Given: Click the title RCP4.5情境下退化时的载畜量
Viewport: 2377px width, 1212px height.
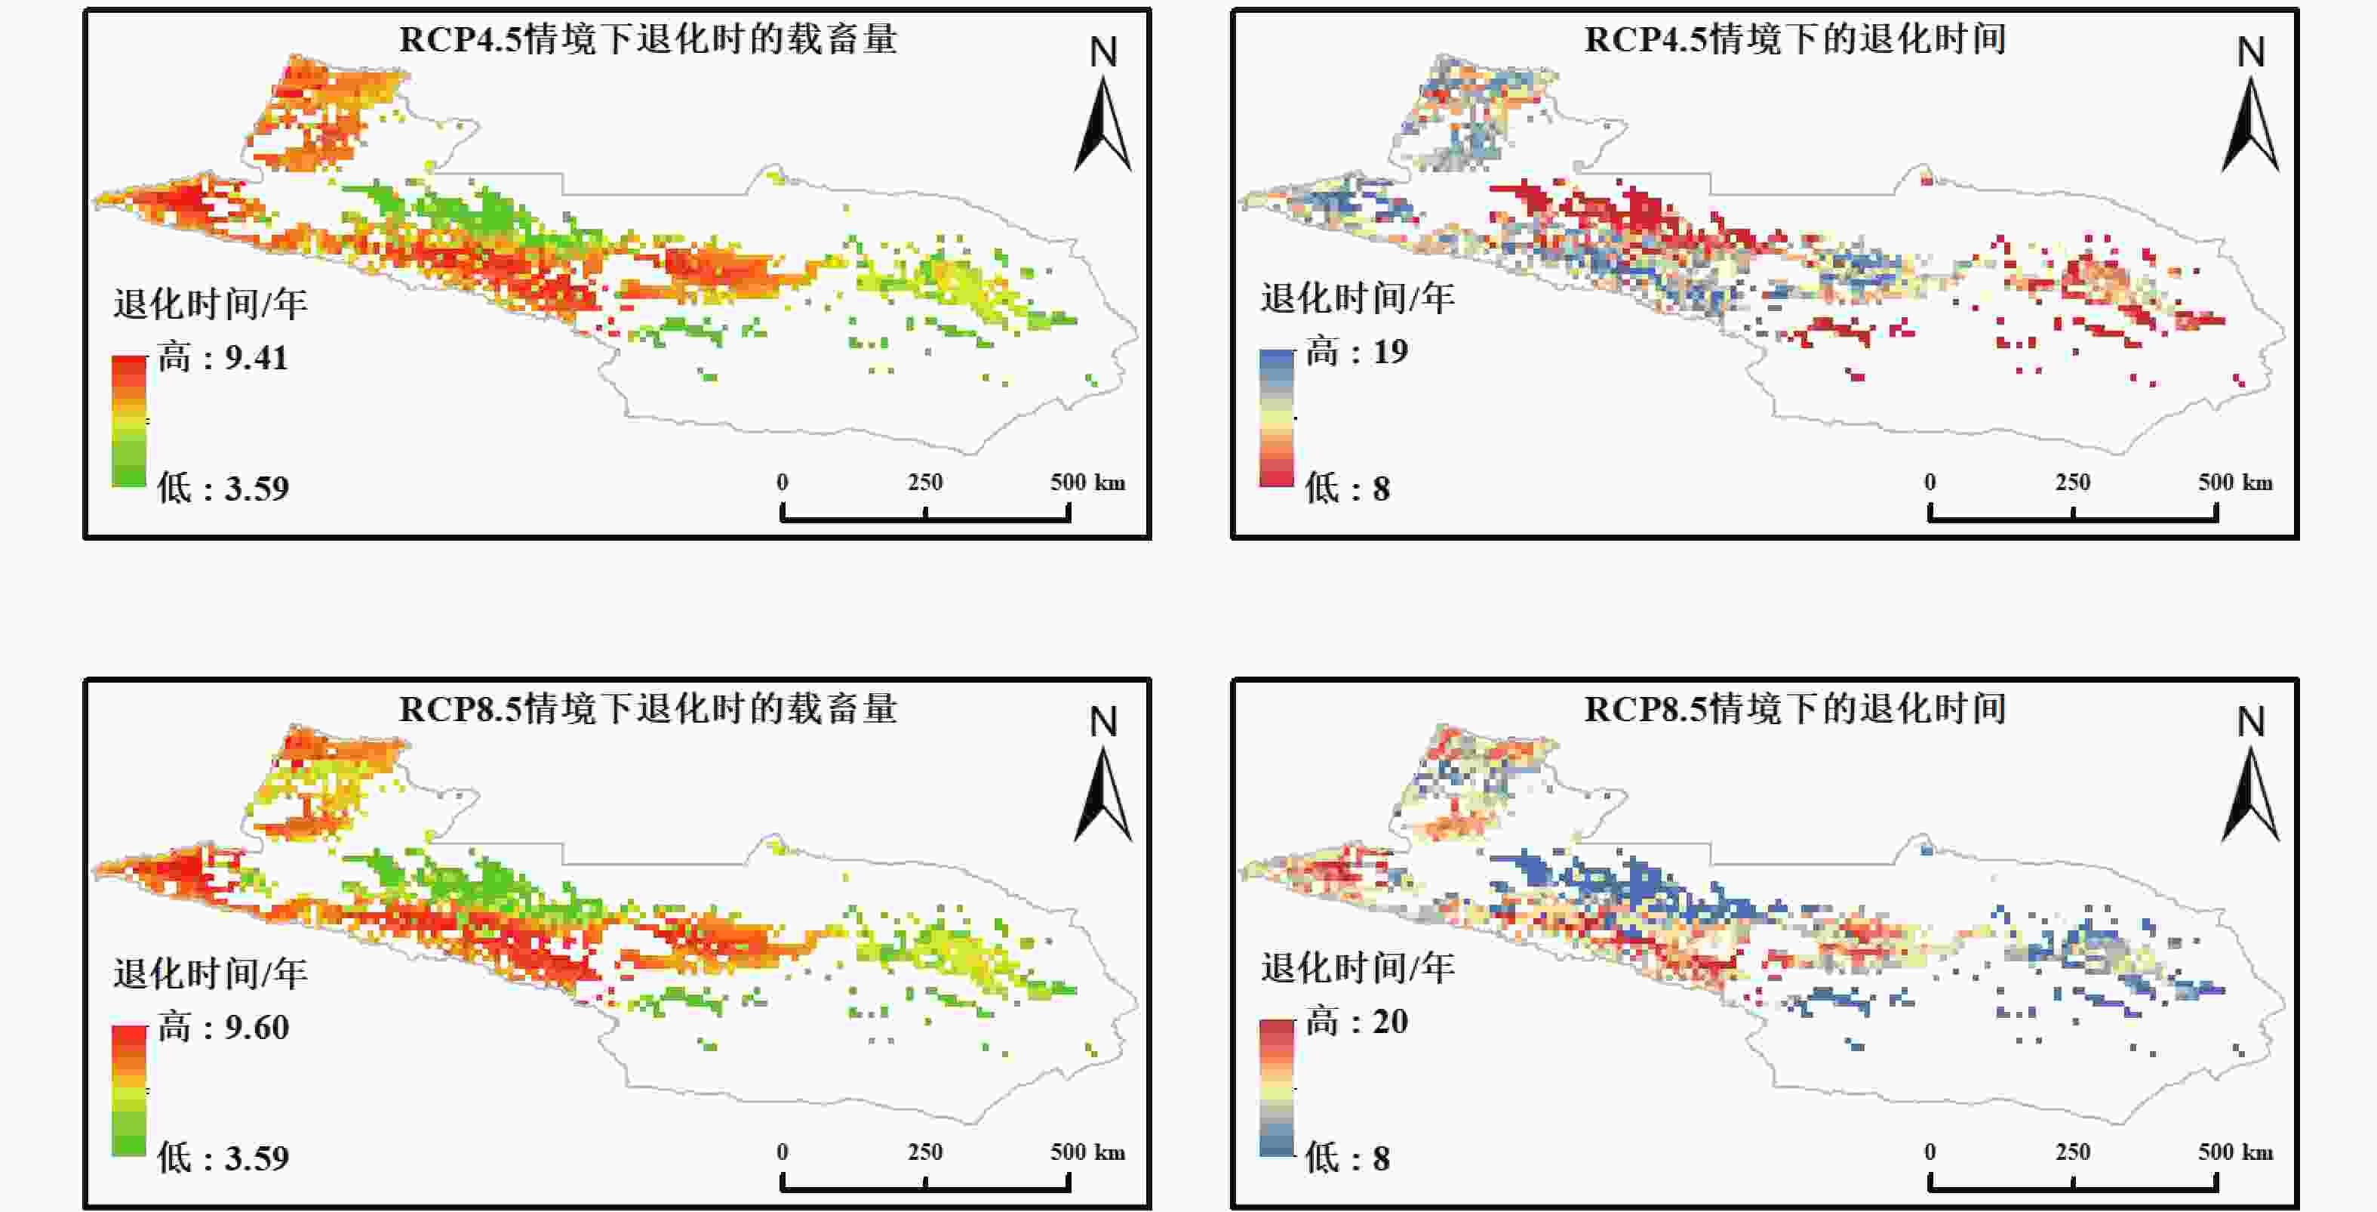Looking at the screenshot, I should [x=647, y=40].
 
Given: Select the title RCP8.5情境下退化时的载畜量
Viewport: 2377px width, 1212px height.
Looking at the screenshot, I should [x=647, y=710].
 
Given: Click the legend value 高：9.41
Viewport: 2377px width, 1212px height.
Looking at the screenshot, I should [x=223, y=358].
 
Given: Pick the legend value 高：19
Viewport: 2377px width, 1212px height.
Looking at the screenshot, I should [x=1357, y=353].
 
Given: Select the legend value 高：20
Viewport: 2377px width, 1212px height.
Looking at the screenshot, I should [x=1357, y=1022].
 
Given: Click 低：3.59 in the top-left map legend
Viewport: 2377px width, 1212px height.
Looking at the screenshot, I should [x=223, y=489].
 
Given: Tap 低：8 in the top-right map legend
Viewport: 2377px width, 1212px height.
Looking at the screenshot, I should [x=1347, y=489].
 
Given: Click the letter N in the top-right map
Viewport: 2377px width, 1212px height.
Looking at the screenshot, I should [x=2250, y=53].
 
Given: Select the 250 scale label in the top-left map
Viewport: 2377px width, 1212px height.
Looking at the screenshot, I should [x=924, y=483].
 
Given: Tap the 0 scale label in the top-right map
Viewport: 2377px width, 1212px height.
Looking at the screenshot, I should [x=1930, y=483].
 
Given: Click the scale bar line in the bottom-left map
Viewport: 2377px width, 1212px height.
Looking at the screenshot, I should [x=925, y=1187].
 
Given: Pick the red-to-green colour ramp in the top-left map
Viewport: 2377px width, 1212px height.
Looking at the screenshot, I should [x=129, y=421].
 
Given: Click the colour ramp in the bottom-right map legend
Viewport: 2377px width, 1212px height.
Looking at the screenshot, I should [x=1276, y=1088].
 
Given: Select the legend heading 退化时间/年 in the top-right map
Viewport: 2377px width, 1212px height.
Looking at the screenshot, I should [x=1358, y=298].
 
